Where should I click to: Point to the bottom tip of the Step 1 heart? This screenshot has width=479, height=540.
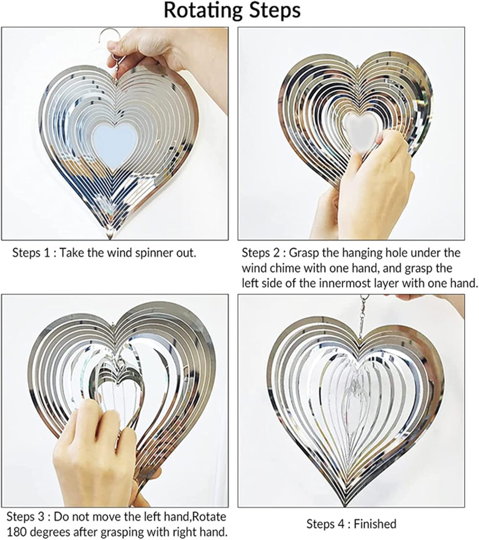click(109, 239)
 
